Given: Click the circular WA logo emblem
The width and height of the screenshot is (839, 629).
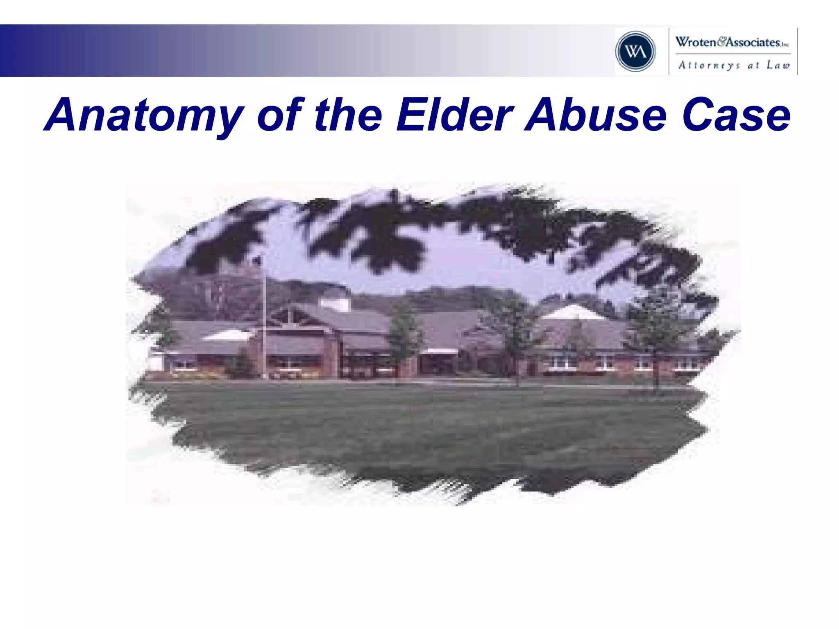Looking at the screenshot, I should [635, 52].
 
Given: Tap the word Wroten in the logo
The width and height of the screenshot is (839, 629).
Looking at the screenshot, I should [695, 42].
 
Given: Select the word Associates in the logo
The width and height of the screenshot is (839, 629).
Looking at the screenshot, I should [753, 42].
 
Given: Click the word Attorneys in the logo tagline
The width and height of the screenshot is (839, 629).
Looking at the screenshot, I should [709, 65].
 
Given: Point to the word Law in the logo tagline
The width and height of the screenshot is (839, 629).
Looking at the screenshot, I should [778, 65].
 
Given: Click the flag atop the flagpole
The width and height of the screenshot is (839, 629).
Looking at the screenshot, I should [257, 260].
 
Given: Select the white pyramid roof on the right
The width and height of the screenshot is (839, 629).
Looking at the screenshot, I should [574, 312].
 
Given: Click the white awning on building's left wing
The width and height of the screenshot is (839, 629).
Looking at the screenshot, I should [227, 336].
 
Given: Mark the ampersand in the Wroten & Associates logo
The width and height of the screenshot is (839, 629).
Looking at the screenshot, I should [721, 41].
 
